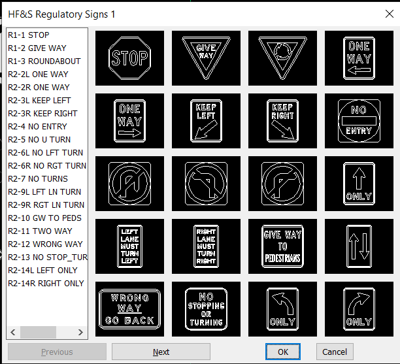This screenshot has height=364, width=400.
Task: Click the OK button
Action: click(282, 352)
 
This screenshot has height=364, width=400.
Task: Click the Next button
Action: click(161, 352)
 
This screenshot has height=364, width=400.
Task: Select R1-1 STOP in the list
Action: click(29, 35)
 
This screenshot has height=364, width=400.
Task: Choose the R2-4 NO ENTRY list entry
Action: click(37, 127)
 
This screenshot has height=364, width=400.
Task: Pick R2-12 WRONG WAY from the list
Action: click(45, 244)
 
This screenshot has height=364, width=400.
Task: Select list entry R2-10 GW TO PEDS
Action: click(44, 218)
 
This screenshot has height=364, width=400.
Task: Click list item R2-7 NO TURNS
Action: click(37, 179)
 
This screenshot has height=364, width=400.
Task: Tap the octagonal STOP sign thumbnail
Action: click(129, 58)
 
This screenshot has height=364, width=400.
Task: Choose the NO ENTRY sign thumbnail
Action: click(359, 121)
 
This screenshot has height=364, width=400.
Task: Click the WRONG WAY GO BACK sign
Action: click(129, 309)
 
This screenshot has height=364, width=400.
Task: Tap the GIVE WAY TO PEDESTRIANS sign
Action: click(282, 246)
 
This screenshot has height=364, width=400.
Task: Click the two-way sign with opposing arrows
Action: click(359, 246)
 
